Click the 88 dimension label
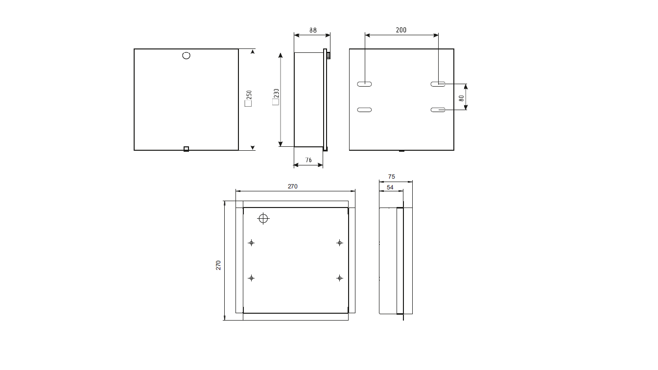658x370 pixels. click(313, 30)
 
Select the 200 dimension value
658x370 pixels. click(401, 30)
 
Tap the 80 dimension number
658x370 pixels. click(462, 98)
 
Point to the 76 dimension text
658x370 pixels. click(308, 160)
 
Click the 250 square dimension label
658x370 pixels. click(249, 98)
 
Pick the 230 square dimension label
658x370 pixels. click(276, 96)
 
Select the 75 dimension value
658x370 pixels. click(392, 177)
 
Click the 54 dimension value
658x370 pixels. click(390, 187)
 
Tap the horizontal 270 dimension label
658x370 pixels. click(293, 186)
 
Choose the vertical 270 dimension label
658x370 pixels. click(218, 265)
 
